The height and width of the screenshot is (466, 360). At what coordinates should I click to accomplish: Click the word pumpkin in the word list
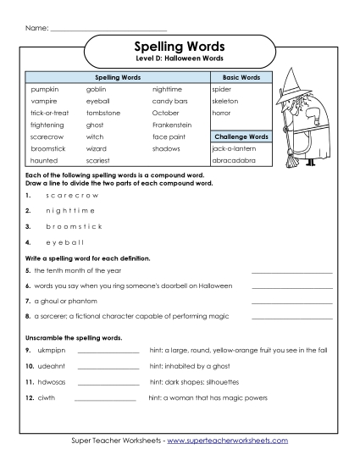44,88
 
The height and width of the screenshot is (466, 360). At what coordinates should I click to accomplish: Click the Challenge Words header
241,136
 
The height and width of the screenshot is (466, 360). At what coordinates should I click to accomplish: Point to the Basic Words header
241,77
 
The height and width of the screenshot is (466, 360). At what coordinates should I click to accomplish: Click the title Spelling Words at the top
180,47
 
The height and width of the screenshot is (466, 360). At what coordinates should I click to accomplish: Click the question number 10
29,366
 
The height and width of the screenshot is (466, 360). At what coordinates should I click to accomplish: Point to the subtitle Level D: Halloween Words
180,59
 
